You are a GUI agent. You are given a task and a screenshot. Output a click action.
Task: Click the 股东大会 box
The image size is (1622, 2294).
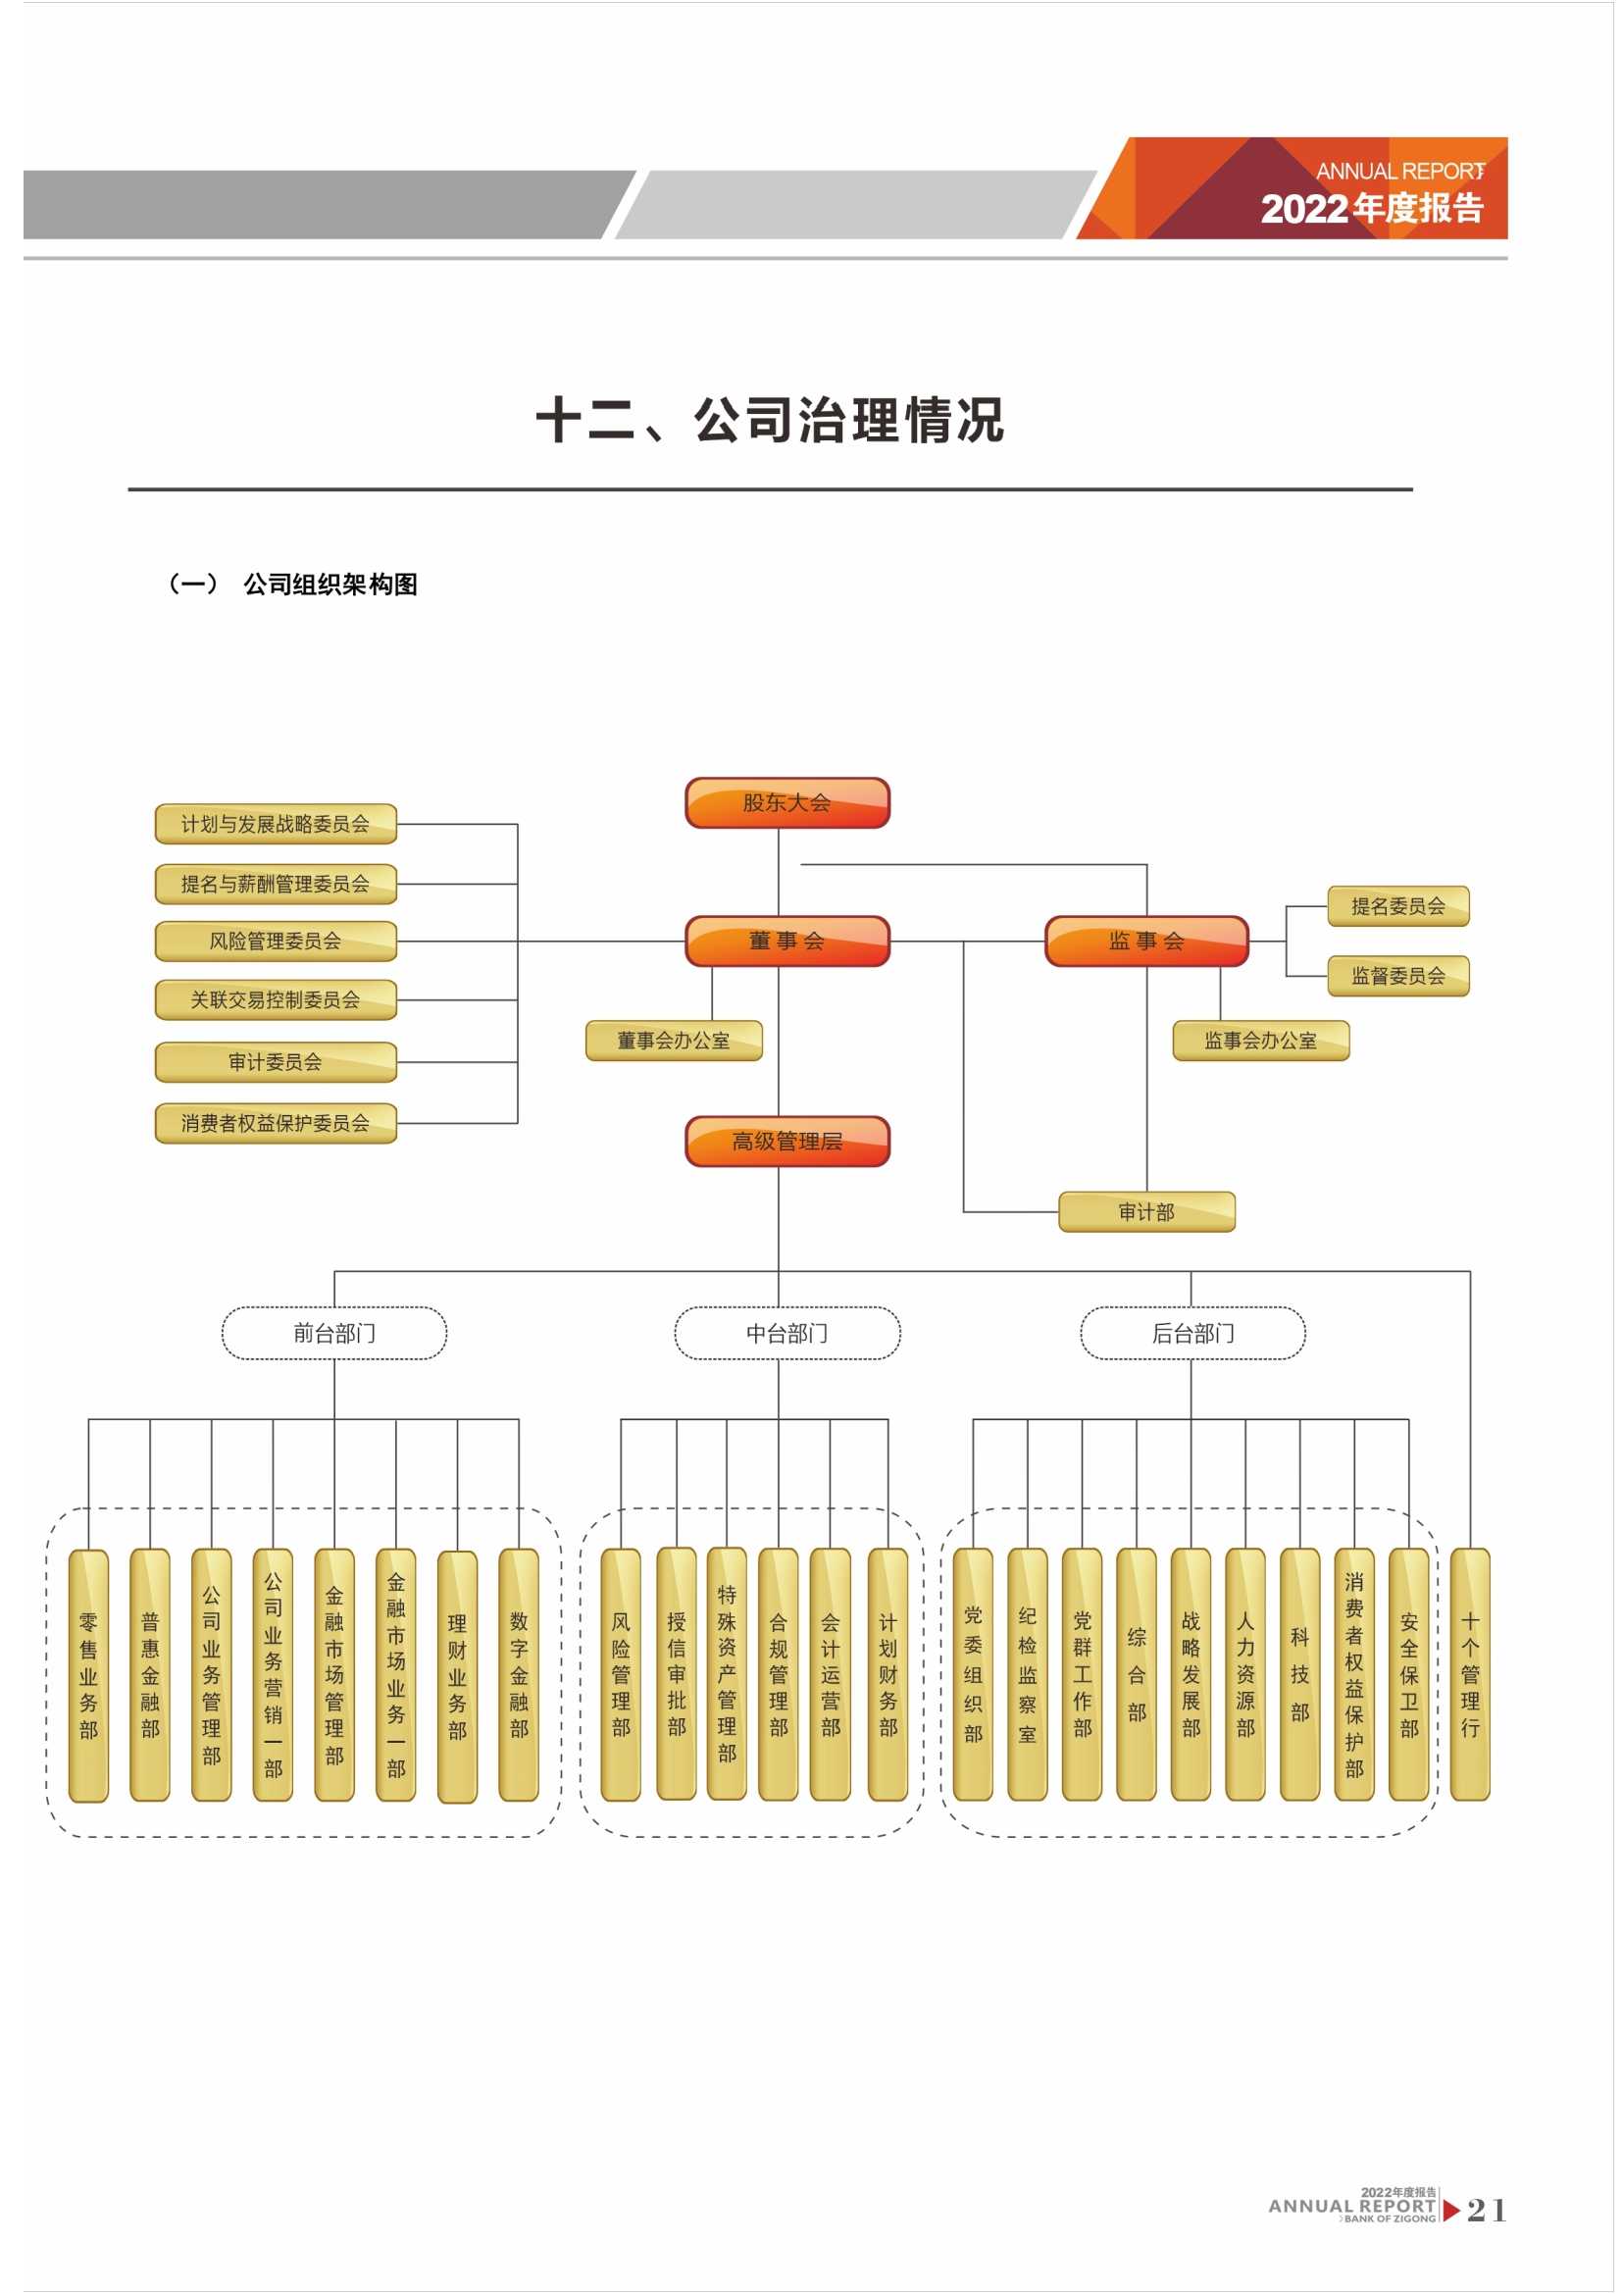(x=787, y=802)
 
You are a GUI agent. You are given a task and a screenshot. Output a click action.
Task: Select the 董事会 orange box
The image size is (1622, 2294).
(x=787, y=941)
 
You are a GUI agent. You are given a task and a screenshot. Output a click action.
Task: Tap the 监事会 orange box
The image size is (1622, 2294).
(x=1146, y=941)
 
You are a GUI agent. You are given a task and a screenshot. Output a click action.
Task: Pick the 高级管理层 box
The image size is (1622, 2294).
(x=787, y=1141)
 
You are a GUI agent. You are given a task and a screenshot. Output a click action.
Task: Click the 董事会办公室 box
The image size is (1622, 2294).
(x=673, y=1040)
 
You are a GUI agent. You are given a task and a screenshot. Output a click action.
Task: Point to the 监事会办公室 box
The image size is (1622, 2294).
(x=1260, y=1040)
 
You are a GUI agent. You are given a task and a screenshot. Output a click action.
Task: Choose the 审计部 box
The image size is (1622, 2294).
(x=1146, y=1212)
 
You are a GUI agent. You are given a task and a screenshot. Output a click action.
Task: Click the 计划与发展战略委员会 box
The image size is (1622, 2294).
(x=276, y=824)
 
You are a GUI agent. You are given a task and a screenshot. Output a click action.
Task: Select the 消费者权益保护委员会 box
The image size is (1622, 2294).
(x=276, y=1123)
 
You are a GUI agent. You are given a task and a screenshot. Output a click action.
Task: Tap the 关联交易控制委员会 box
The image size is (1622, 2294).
(x=276, y=999)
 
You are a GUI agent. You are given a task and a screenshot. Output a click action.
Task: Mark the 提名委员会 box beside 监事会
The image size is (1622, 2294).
(x=1397, y=906)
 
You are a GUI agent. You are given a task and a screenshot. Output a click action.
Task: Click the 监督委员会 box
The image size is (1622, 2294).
(x=1397, y=976)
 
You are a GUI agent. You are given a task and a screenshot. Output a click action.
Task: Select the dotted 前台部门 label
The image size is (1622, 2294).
(x=333, y=1333)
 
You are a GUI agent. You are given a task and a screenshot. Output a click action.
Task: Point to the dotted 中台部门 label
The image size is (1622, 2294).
(x=787, y=1333)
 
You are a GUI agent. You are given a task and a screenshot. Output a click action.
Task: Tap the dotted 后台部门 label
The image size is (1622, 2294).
(x=1192, y=1333)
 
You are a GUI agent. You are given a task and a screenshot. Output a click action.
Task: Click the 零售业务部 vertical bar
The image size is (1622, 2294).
(x=89, y=1675)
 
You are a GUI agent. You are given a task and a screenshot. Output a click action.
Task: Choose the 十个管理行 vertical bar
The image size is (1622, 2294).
(x=1469, y=1674)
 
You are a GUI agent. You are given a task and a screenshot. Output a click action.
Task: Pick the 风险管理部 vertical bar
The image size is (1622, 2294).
(x=620, y=1674)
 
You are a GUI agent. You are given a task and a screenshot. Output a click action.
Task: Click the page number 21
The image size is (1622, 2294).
(x=1486, y=2209)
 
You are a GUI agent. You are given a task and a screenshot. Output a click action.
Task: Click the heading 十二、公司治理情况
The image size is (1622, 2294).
(x=770, y=420)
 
